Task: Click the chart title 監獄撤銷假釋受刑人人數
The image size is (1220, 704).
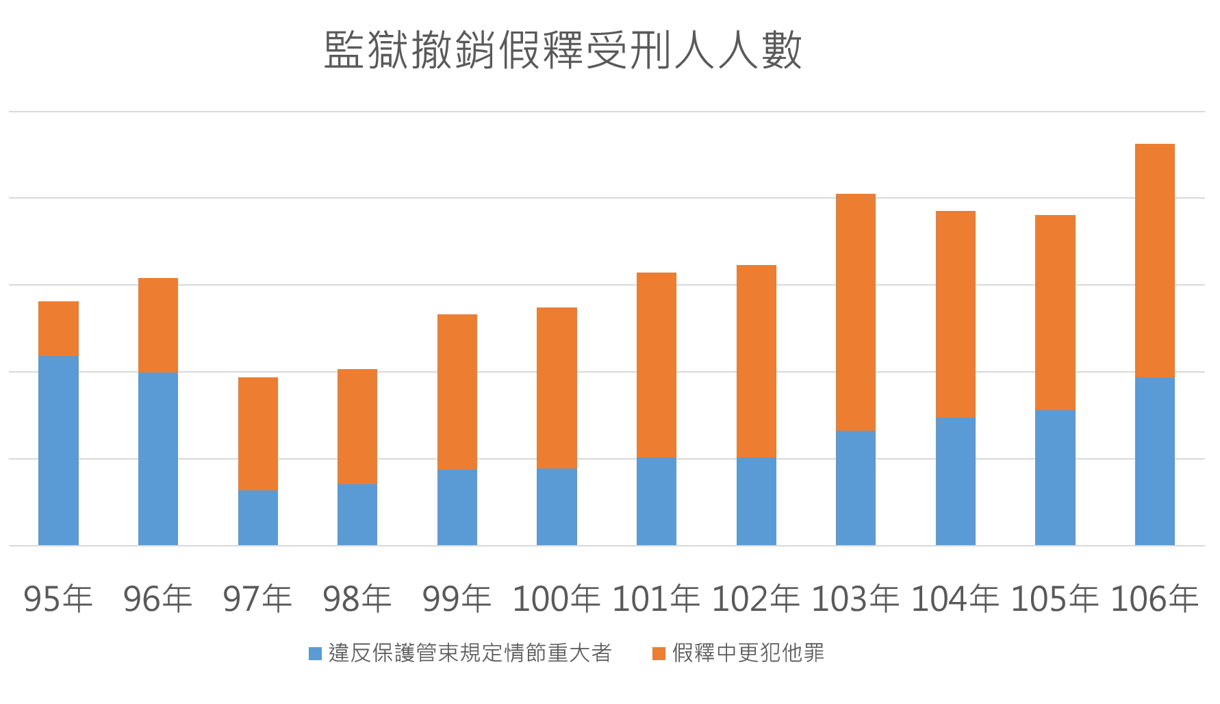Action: pos(562,50)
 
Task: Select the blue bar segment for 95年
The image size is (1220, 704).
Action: pos(58,450)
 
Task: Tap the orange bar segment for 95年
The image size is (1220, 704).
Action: pos(58,329)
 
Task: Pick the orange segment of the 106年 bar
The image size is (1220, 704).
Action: pos(1154,260)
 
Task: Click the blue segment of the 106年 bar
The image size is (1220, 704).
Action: pos(1154,461)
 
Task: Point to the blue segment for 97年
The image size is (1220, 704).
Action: pos(257,517)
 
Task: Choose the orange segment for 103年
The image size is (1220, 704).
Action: pos(855,312)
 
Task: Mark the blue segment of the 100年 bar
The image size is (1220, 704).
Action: pos(557,506)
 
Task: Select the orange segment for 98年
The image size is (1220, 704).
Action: pos(357,427)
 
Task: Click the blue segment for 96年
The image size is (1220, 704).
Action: pos(157,458)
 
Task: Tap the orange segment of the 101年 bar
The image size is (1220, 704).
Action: pos(656,364)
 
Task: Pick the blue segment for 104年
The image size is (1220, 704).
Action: pos(955,481)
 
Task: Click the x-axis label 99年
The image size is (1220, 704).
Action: pos(457,599)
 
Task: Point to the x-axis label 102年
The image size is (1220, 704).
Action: pos(755,599)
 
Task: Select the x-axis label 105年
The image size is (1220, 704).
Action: pos(1054,599)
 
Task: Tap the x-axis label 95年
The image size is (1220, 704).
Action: pos(58,599)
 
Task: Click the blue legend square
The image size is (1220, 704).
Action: pos(315,653)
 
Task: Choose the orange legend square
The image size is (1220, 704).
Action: pos(659,653)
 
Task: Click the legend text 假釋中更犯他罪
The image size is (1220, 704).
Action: pos(748,653)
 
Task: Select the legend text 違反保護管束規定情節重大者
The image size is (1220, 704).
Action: pos(470,653)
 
